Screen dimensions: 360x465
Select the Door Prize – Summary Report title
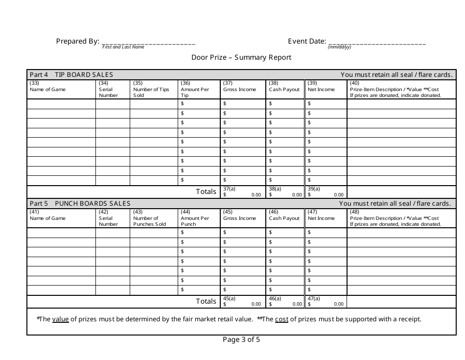[x=241, y=57]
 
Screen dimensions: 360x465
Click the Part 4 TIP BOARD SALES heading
[x=71, y=75]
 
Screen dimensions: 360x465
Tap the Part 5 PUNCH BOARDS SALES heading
[x=80, y=203]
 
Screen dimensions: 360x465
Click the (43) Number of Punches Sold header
[x=149, y=218]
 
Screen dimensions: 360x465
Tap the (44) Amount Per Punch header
[x=195, y=218]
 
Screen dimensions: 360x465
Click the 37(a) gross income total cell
[x=242, y=192]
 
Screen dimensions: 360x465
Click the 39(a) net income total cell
[x=326, y=192]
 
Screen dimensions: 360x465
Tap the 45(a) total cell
[x=242, y=301]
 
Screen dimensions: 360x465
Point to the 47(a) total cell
[x=326, y=301]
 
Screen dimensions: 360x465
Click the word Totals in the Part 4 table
[x=206, y=192]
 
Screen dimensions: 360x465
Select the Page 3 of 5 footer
[x=241, y=339]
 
